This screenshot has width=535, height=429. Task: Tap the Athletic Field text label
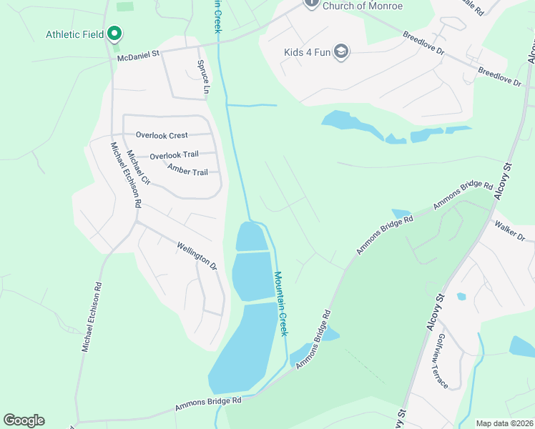75,34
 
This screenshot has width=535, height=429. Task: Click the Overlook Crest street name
162,135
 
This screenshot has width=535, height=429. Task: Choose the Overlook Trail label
174,155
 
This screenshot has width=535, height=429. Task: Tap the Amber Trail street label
187,170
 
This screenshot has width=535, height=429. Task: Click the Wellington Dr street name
197,256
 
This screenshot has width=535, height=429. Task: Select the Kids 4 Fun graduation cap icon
341,51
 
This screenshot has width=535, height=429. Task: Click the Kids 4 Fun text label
305,51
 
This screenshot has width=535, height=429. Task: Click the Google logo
24,420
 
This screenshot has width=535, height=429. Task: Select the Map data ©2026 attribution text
504,423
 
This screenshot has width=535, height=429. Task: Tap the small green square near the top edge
124,6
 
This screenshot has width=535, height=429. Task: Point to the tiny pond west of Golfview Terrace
461,296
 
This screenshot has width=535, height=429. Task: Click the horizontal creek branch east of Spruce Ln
252,105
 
